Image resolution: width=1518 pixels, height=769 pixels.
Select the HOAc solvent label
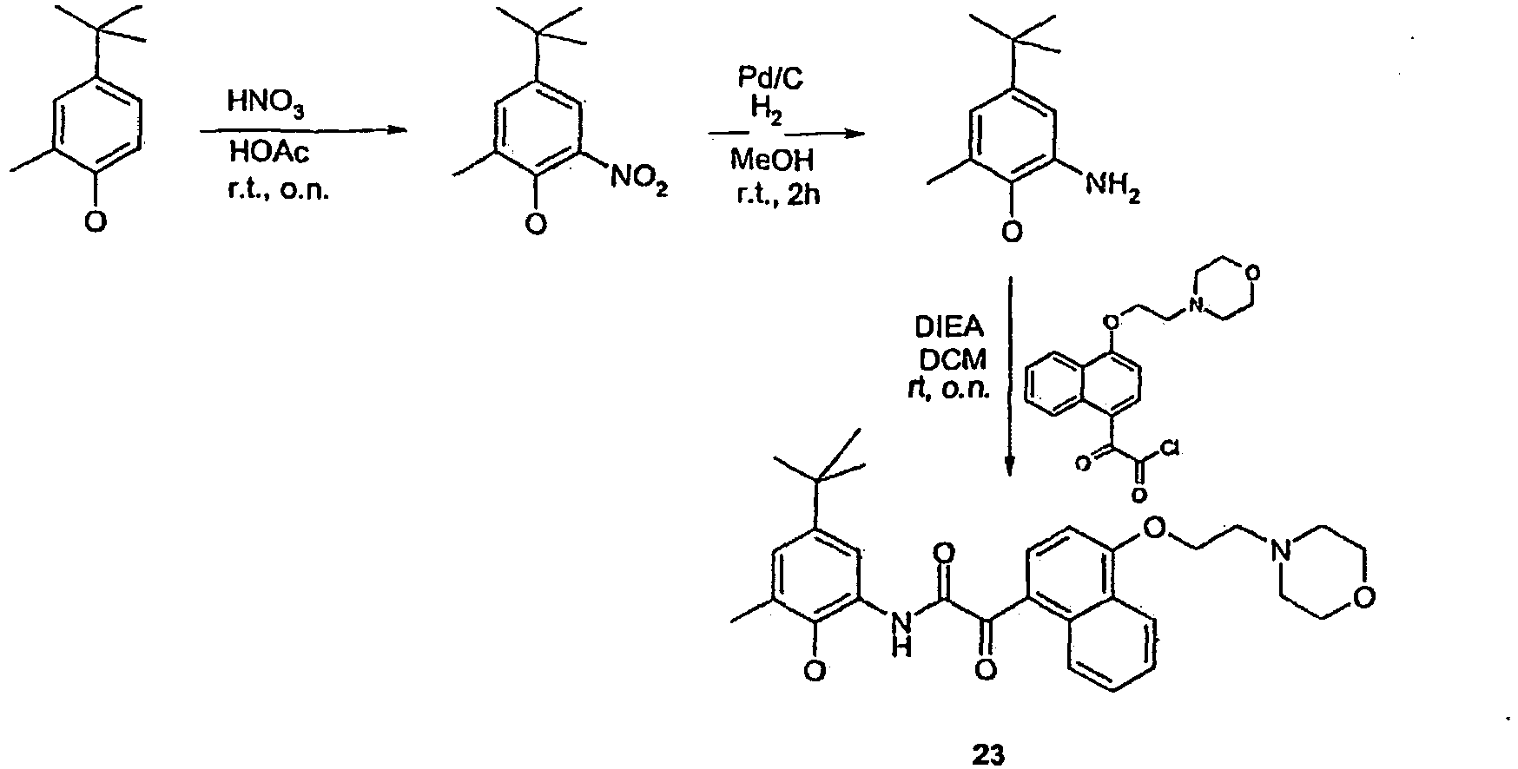click(268, 154)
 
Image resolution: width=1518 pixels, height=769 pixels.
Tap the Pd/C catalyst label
click(770, 79)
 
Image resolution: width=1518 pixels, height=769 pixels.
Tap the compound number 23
click(987, 753)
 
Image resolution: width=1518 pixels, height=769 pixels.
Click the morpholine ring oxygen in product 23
click(1368, 599)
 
